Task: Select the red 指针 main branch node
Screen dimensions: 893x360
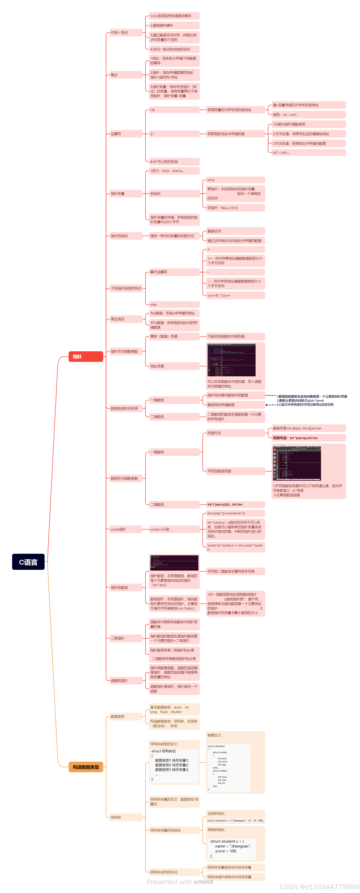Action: pyautogui.click(x=86, y=356)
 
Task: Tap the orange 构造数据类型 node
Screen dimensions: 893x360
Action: pyautogui.click(x=86, y=767)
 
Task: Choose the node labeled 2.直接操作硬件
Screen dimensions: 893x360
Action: pyautogui.click(x=174, y=25)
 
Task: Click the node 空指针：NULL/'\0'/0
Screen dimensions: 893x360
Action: pyautogui.click(x=235, y=208)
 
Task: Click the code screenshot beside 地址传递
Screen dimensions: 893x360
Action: pyautogui.click(x=231, y=360)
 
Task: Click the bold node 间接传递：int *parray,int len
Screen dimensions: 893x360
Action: pyautogui.click(x=308, y=438)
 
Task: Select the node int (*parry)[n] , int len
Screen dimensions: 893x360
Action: pyautogui.click(x=235, y=504)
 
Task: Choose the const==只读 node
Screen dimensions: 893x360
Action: pyautogui.click(x=174, y=529)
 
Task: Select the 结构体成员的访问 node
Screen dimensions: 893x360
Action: pyautogui.click(x=174, y=872)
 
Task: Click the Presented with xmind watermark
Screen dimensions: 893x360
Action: pyautogui.click(x=180, y=881)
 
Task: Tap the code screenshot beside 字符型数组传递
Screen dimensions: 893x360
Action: pyautogui.click(x=297, y=463)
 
